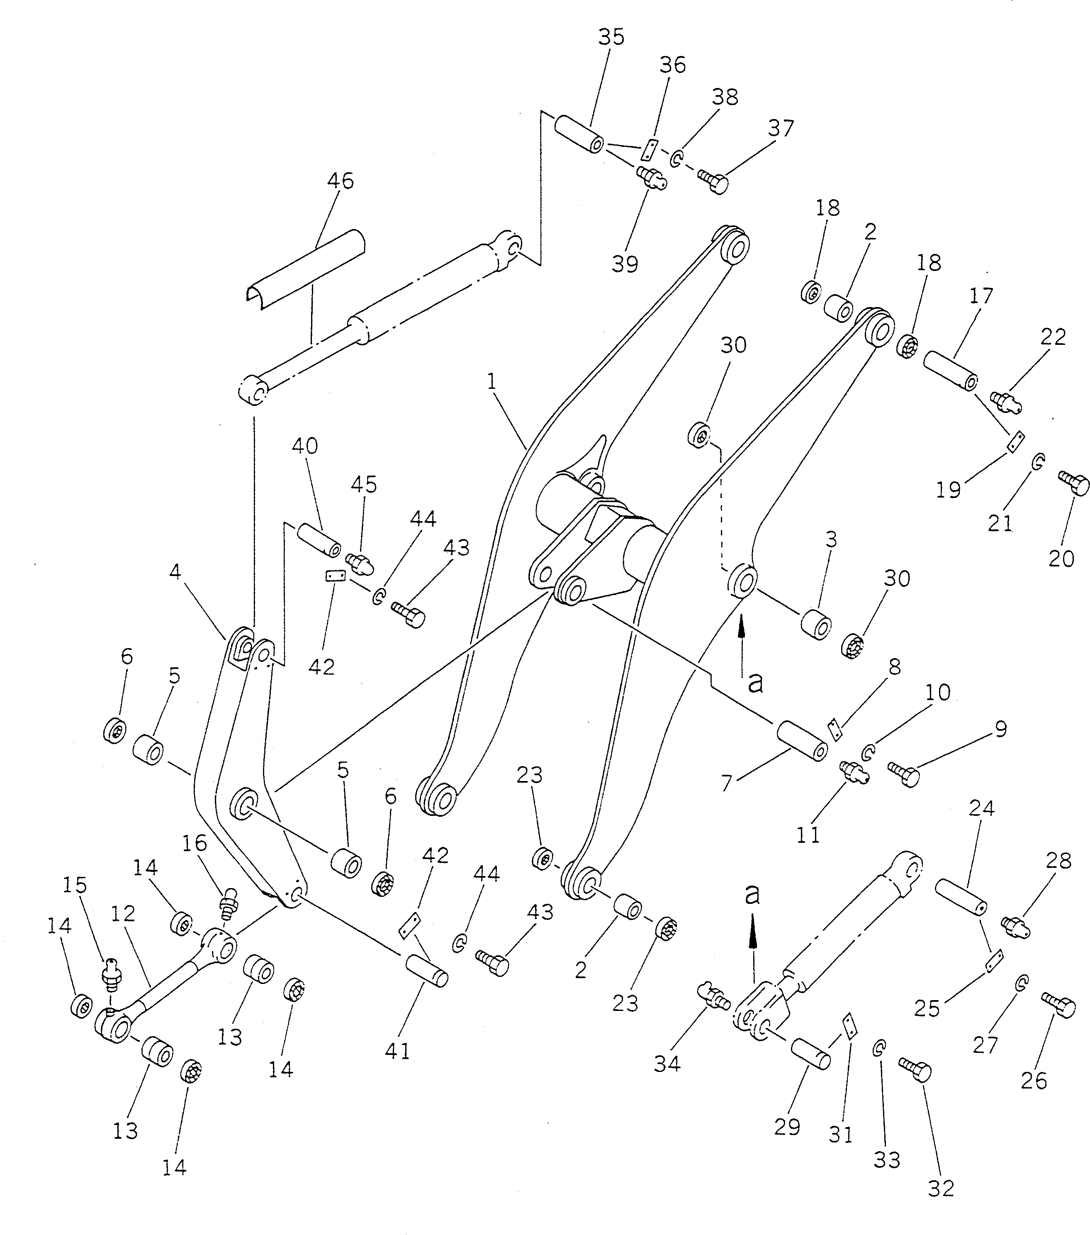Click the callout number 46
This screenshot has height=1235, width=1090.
tap(341, 181)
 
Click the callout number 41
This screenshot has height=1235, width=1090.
tap(397, 1051)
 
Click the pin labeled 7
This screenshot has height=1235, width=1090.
tap(801, 741)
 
